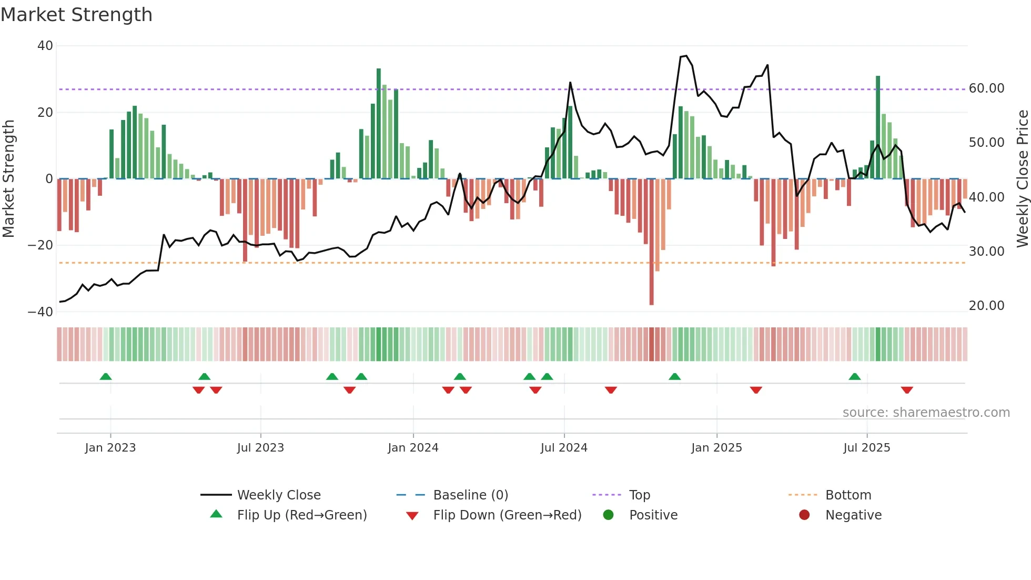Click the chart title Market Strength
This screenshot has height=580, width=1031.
76,15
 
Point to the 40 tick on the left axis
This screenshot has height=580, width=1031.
45,46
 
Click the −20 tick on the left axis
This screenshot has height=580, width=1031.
41,245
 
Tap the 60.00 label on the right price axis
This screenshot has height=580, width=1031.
986,88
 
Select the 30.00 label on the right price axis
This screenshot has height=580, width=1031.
986,252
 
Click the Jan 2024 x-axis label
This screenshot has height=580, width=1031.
413,448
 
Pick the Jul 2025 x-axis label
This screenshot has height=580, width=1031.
866,448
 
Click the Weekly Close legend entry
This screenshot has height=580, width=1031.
278,495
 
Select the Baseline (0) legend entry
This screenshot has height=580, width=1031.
470,495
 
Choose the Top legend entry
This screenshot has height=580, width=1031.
639,495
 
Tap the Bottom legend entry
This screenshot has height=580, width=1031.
848,495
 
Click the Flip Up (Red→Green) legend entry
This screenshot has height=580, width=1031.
301,515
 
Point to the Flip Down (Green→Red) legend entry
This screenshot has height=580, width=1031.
507,515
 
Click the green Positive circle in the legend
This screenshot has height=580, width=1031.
609,515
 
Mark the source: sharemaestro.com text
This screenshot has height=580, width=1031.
926,413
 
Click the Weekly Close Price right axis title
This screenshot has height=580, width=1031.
1022,179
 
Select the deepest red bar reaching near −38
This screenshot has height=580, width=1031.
651,242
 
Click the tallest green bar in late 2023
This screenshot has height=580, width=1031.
379,124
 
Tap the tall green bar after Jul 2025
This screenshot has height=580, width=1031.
878,127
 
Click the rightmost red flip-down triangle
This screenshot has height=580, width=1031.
906,390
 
